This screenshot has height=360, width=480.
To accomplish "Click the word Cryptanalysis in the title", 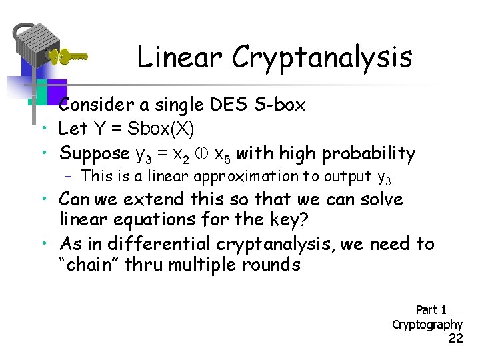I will (x=322, y=57).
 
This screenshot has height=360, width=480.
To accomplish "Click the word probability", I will (x=369, y=153).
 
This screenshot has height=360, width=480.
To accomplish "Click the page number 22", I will (x=455, y=339).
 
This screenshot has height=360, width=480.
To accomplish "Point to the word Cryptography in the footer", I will (x=427, y=325).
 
